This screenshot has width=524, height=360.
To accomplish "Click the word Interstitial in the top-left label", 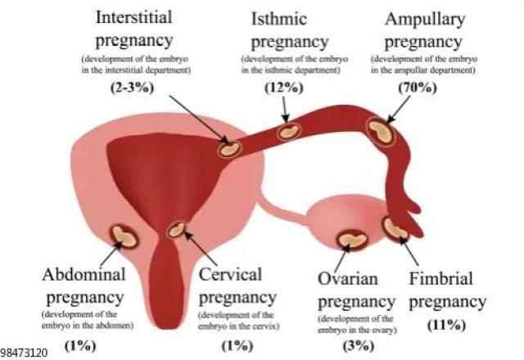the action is [x=133, y=17].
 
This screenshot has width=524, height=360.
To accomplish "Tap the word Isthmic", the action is [x=278, y=19].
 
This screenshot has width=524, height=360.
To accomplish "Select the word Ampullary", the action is [x=425, y=20].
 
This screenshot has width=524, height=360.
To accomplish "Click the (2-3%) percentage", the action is [x=133, y=88].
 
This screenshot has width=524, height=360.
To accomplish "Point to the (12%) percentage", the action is [x=284, y=88].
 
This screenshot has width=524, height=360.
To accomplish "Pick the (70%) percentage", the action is [x=418, y=88].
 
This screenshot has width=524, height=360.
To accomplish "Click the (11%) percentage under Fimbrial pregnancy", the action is [x=446, y=325].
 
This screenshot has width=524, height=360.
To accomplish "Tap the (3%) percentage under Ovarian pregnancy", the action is [x=359, y=345].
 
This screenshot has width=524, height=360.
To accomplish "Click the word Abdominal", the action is [x=84, y=275].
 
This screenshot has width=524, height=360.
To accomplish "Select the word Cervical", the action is [x=231, y=275].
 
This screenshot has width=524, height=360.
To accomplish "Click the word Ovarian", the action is [x=348, y=278].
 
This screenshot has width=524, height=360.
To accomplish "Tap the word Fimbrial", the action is [x=441, y=278].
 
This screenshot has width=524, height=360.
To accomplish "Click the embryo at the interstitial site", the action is [x=229, y=149].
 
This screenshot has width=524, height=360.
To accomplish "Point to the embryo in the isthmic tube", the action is [x=289, y=132].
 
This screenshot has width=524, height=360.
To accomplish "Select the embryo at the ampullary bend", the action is [x=381, y=132].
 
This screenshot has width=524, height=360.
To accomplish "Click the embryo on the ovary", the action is [x=353, y=240].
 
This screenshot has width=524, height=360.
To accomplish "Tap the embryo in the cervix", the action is [x=176, y=230].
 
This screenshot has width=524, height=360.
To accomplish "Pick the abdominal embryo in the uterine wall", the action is [x=124, y=236].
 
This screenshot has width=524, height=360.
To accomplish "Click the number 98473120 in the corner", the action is [x=24, y=353].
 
